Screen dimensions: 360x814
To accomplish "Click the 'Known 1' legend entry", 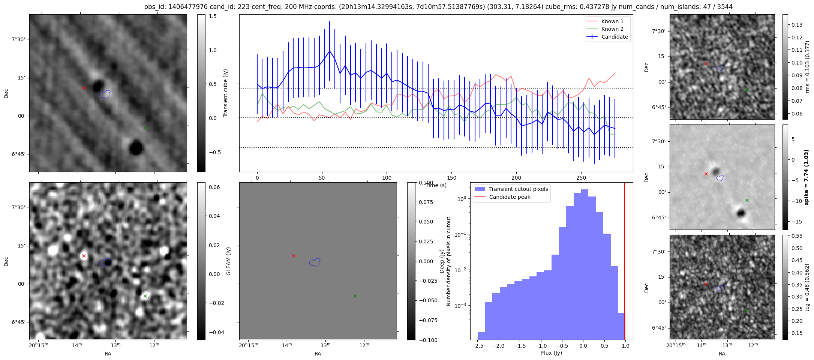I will [x=612, y=21].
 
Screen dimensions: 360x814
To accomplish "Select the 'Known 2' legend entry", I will [x=612, y=29].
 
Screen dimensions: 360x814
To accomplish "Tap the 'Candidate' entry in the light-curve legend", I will [x=615, y=37].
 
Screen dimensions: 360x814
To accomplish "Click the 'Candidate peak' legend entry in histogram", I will [x=510, y=197].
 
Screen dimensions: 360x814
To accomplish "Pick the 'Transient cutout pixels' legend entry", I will [x=518, y=189].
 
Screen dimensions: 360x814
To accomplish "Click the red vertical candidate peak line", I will [x=625, y=262].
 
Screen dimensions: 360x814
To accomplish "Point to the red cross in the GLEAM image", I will [x=84, y=256].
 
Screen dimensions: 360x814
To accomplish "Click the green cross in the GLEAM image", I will [x=145, y=296].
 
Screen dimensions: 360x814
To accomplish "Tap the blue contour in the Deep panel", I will [x=315, y=262].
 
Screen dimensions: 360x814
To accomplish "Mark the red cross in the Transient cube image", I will [x=84, y=88].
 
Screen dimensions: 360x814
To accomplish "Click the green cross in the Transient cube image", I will [x=145, y=128].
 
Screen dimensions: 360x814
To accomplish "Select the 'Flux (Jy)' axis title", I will [x=552, y=353].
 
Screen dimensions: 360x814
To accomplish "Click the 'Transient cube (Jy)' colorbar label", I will [x=226, y=93].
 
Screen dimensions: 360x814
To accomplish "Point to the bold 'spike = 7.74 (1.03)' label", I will [x=807, y=177].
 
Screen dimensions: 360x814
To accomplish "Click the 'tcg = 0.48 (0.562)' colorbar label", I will [x=807, y=287].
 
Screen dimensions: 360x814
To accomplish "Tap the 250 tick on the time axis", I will [x=581, y=178].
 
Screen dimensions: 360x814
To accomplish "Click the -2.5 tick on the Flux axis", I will [x=477, y=346].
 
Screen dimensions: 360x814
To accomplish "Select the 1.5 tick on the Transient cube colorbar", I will [x=212, y=16].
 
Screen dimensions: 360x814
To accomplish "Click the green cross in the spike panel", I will [x=747, y=201].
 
